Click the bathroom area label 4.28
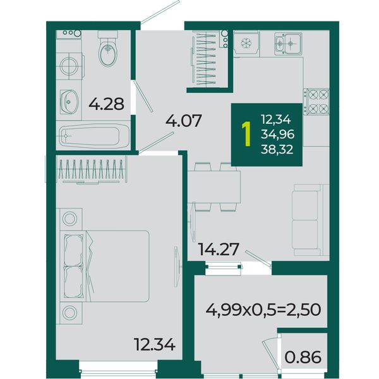point(106,104)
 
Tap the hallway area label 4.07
point(183,121)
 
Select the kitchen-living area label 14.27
point(219,250)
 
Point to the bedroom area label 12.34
point(155,344)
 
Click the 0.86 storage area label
point(303,358)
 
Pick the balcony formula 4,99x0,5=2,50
point(263,310)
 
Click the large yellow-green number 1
point(246,134)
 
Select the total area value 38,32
point(277,150)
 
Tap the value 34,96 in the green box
point(277,134)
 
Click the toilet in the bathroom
point(108,49)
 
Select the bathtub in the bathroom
point(93,136)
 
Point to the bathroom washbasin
point(69,102)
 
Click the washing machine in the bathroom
point(69,66)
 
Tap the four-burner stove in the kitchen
point(316,102)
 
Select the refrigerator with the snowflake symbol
point(246,44)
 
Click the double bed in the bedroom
point(104,266)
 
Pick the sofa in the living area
point(311,220)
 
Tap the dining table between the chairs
point(214,187)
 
